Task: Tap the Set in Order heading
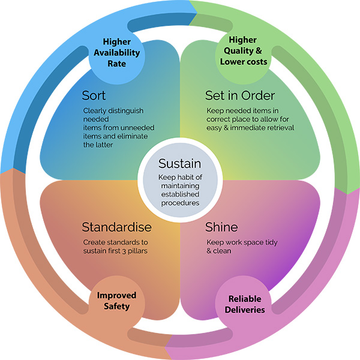[x=240, y=95]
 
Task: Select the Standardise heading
[x=116, y=227]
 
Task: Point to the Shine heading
[x=221, y=227]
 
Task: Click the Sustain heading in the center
[x=180, y=164]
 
